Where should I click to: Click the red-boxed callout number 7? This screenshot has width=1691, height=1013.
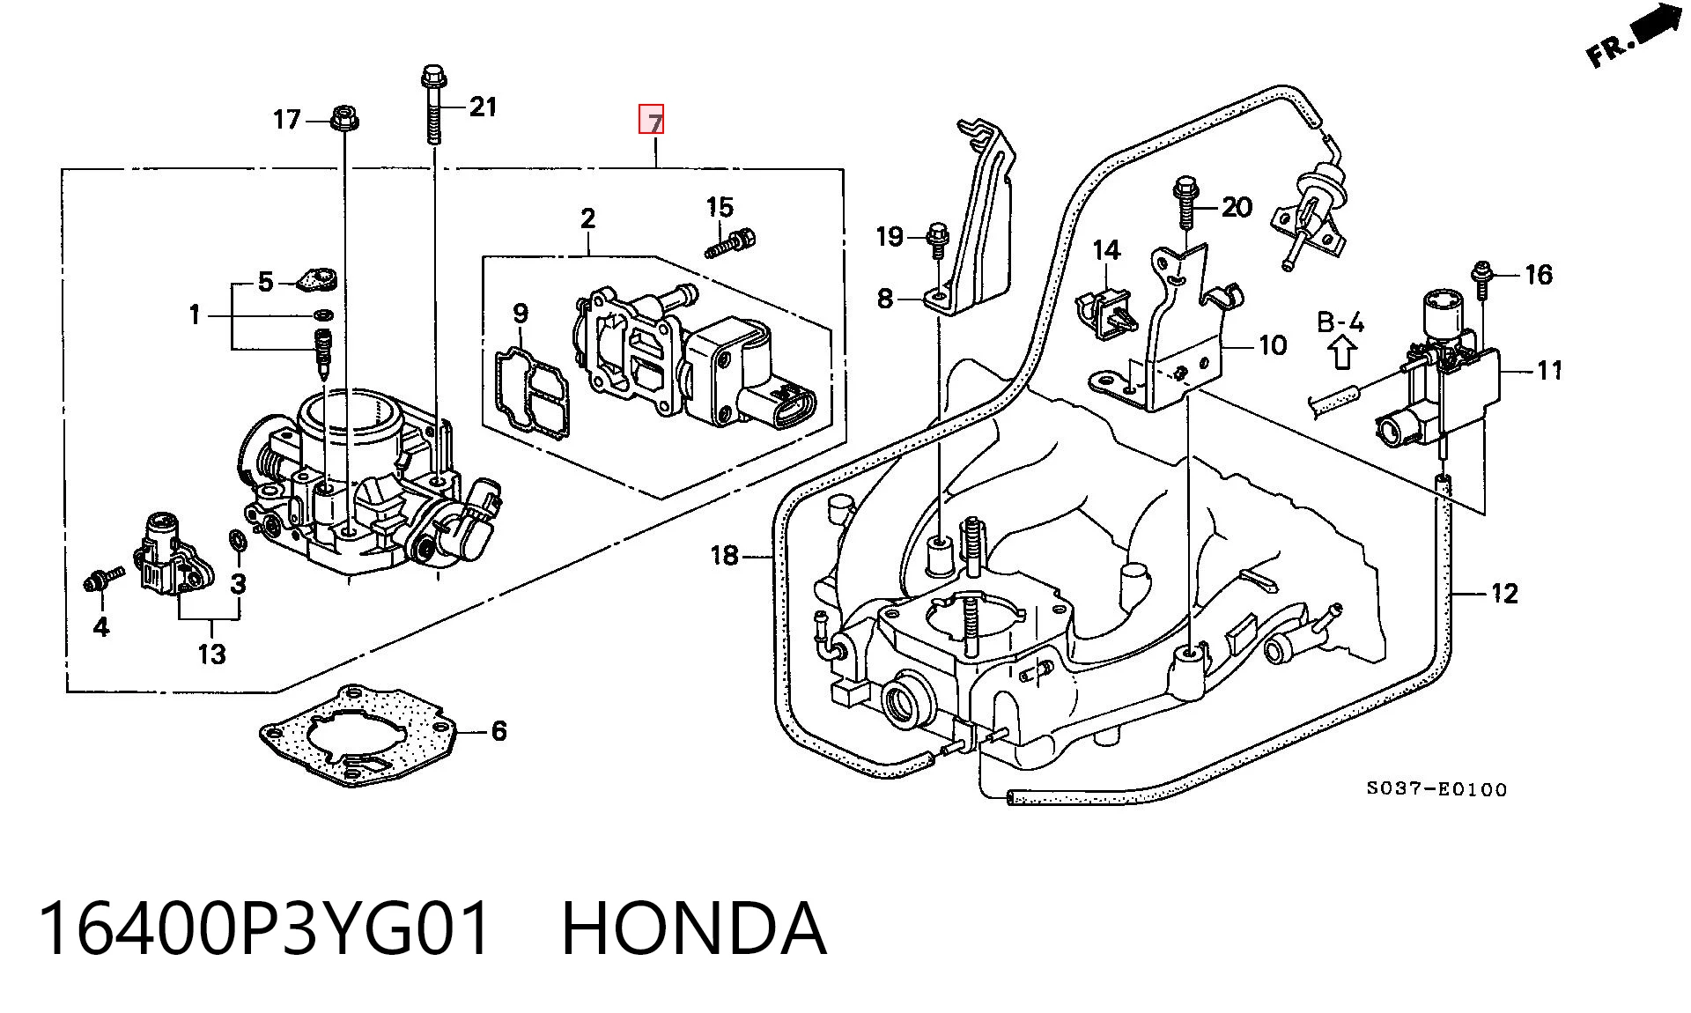(652, 120)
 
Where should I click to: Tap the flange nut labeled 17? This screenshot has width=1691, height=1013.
(343, 118)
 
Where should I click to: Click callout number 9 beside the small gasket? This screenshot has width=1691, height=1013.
(521, 314)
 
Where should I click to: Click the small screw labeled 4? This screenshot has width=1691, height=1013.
(102, 580)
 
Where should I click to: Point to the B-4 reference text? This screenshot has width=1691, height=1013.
(1340, 322)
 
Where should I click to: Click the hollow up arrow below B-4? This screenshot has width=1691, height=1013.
(1342, 353)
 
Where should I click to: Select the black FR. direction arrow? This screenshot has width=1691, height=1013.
(1655, 28)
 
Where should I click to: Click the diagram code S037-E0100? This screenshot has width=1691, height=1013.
(1436, 789)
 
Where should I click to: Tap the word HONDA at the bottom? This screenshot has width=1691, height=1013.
(694, 928)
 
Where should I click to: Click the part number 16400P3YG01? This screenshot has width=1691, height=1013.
(264, 928)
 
